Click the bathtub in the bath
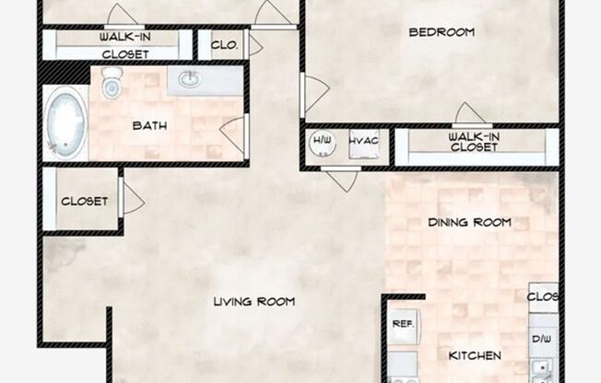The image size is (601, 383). click(x=66, y=121)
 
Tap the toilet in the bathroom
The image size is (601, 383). click(x=112, y=87)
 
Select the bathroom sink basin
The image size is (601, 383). click(x=190, y=79)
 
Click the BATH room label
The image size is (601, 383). click(x=149, y=125)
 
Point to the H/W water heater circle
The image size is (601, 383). click(x=322, y=143)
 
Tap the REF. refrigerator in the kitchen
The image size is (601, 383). click(x=402, y=324)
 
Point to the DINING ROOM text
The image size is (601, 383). click(x=469, y=222)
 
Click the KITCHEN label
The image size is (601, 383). click(x=475, y=355)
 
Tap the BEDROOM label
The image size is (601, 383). click(x=442, y=32)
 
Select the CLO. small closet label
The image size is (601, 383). click(x=224, y=44)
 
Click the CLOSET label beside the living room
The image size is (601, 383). click(x=84, y=201)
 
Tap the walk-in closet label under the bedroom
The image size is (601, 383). click(x=474, y=142)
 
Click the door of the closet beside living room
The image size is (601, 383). click(x=132, y=199)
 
